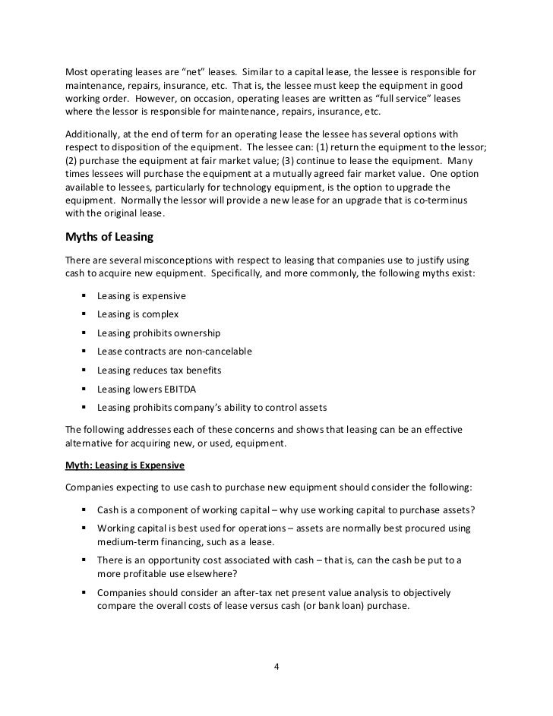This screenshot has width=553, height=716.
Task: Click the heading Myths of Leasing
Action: tap(109, 237)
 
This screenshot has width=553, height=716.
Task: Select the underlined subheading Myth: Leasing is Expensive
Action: tap(124, 464)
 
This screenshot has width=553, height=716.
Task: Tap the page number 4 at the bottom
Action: tap(276, 667)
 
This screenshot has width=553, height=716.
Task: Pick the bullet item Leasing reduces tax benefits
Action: tap(159, 370)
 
